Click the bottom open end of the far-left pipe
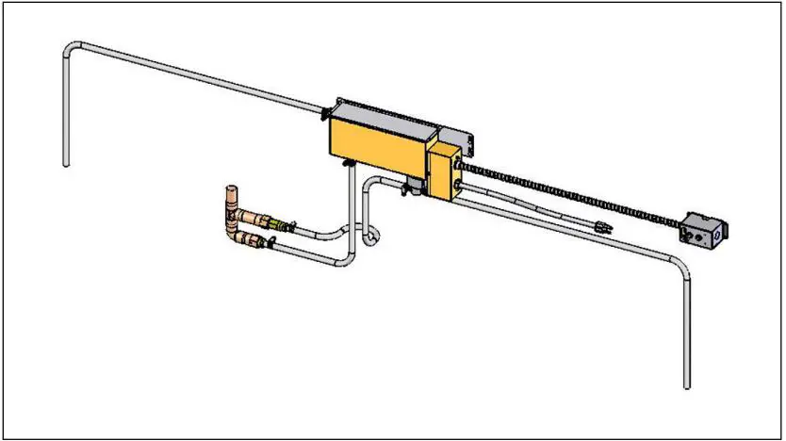[66, 164]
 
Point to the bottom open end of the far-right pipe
[687, 384]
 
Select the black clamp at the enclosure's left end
[325, 114]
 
